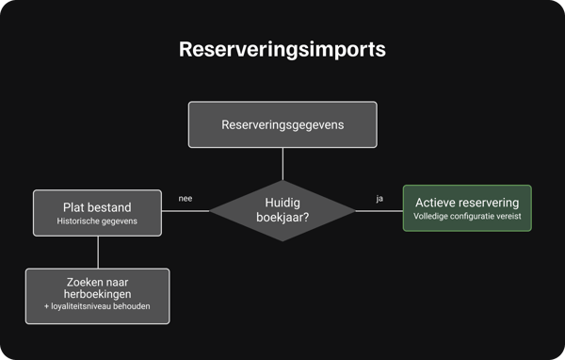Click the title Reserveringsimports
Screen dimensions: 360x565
click(x=282, y=50)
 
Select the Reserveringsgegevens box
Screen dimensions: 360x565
click(x=282, y=124)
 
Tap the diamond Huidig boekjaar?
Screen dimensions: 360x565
click(x=282, y=211)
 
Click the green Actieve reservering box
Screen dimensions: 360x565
click(x=466, y=210)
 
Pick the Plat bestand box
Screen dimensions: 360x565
click(x=98, y=212)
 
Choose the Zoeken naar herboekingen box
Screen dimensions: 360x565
click(x=98, y=296)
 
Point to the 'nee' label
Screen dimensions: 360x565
click(x=186, y=199)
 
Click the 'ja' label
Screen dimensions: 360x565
click(x=379, y=199)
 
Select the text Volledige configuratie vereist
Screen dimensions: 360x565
click(x=466, y=218)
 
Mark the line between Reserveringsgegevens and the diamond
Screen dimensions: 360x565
click(x=282, y=164)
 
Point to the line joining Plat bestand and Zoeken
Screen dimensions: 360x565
click(x=98, y=252)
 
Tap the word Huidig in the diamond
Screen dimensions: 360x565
click(x=282, y=202)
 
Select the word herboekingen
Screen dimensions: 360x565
click(x=98, y=296)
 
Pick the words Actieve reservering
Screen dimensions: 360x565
click(x=466, y=203)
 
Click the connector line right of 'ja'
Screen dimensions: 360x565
click(x=390, y=211)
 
